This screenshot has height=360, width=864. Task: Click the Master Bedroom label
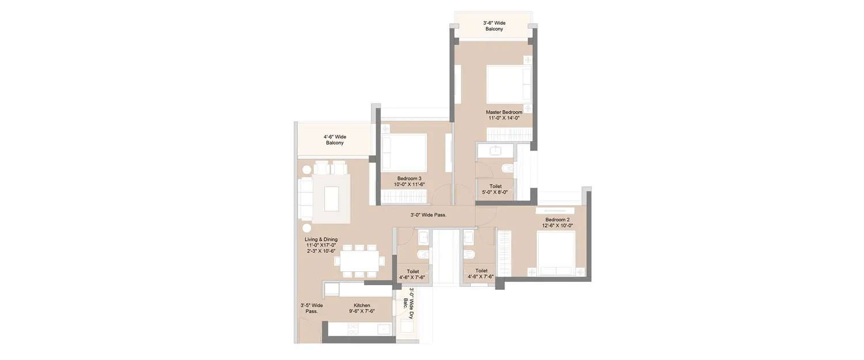tap(504, 112)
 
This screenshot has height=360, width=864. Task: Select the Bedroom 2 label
tap(557, 219)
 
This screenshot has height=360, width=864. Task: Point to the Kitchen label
tap(362, 305)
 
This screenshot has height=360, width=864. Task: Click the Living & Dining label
tap(321, 239)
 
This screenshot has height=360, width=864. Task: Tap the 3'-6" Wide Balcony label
tap(494, 26)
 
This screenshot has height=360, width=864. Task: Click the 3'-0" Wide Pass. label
tap(428, 215)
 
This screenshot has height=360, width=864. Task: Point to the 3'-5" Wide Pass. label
tap(311, 308)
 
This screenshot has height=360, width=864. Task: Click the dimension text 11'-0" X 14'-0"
tap(504, 118)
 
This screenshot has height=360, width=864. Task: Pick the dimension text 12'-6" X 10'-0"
tap(557, 226)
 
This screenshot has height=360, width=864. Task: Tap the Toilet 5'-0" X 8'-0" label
tap(495, 190)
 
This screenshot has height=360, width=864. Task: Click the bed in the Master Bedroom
tap(509, 84)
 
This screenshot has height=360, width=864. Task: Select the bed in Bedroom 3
tap(404, 152)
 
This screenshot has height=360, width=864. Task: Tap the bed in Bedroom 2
tap(555, 253)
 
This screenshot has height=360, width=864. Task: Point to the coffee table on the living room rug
tap(331, 199)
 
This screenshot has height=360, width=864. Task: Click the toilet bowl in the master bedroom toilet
tap(506, 168)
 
